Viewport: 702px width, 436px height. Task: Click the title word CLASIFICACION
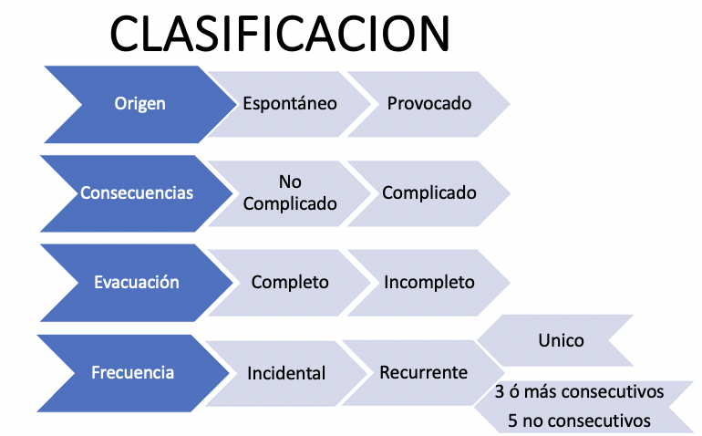280,35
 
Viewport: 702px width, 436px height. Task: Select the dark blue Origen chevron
139,103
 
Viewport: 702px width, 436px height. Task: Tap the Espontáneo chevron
289,103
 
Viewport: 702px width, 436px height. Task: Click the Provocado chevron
429,103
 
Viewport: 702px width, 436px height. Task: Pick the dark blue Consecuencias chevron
137,193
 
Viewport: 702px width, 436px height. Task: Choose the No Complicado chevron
289,193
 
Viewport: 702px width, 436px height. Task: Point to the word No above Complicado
290,182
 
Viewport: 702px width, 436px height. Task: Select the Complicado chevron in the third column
429,193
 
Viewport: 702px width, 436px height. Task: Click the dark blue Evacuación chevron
137,283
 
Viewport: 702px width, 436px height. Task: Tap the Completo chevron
290,283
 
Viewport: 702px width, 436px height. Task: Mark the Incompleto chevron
429,283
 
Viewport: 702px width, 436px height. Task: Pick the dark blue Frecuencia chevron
133,372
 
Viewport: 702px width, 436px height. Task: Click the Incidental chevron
286,373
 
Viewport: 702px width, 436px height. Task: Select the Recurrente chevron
423,372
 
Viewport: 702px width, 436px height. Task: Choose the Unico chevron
562,340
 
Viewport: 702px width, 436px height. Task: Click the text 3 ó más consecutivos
580,393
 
